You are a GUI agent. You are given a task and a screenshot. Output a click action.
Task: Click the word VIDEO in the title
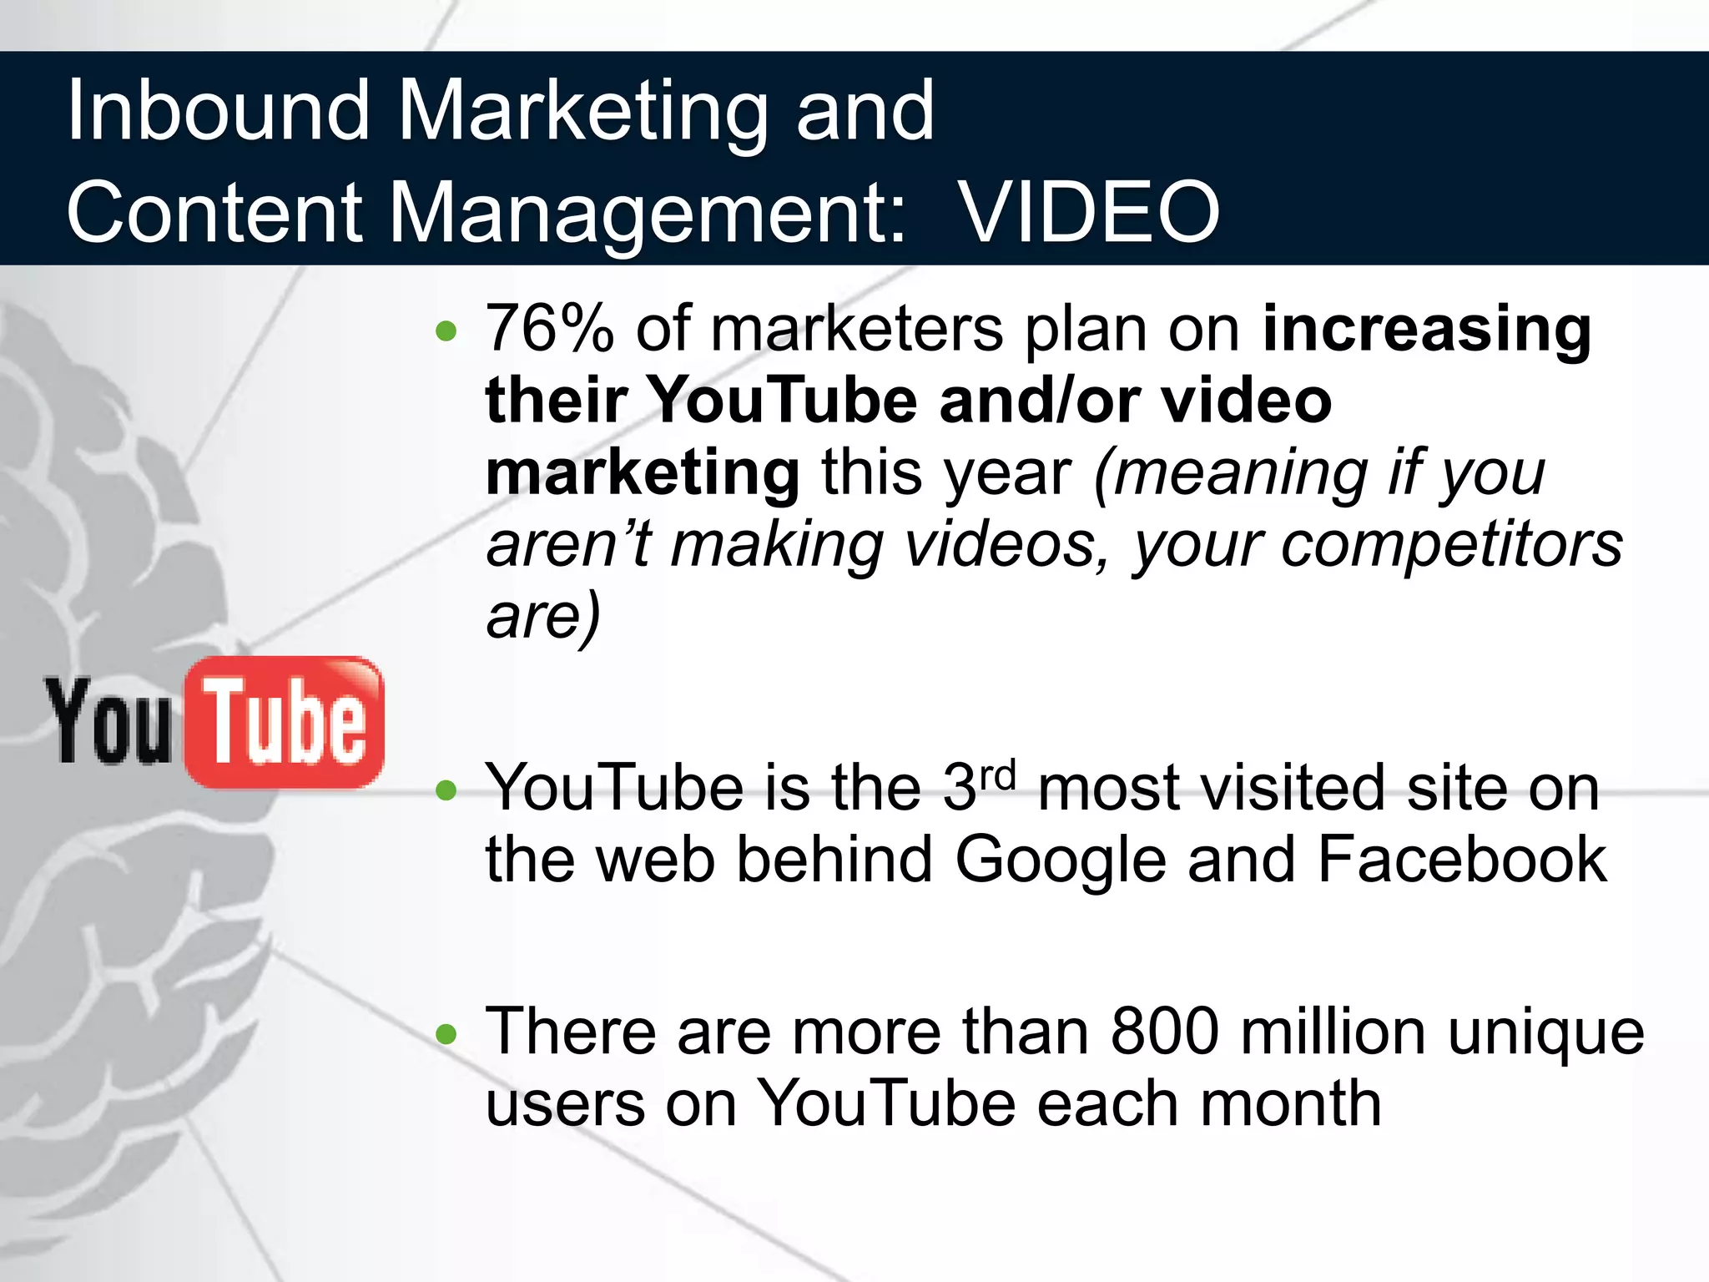pos(1088,214)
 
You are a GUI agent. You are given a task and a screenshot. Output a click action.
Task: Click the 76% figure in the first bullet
pos(550,329)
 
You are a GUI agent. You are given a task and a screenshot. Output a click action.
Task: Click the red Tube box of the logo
pos(285,722)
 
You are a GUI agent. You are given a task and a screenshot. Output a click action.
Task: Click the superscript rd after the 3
pos(998,776)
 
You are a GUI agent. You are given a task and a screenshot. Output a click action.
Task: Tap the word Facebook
pos(1462,860)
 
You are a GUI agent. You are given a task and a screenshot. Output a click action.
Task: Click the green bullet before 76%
pos(447,332)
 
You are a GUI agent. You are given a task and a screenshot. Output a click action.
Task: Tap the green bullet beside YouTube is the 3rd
pos(447,790)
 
